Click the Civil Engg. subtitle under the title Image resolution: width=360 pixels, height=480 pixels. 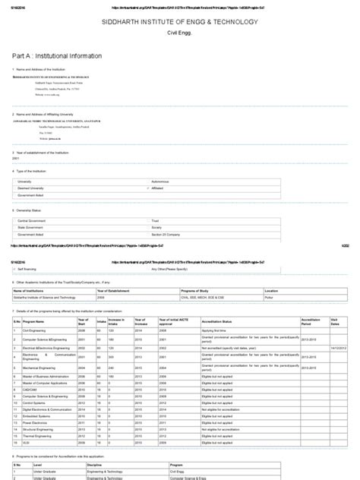180,36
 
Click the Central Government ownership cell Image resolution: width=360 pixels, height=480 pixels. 35,220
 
